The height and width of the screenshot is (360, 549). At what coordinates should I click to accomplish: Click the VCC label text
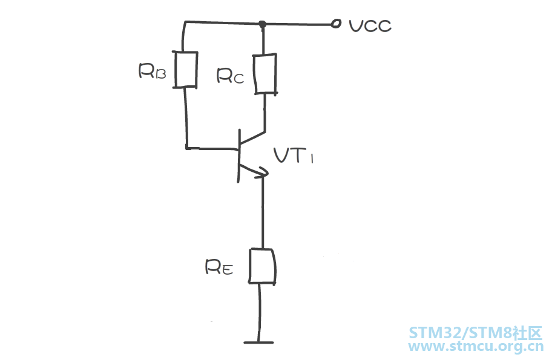click(x=370, y=26)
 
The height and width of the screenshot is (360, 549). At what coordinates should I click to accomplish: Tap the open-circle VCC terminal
click(x=336, y=24)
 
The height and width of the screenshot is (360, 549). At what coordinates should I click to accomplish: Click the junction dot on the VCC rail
click(x=262, y=24)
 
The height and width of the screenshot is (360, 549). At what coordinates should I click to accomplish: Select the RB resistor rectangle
click(x=186, y=70)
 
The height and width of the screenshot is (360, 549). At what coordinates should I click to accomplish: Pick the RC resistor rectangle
click(x=265, y=74)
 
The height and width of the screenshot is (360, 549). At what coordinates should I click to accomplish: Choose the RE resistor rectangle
click(x=262, y=266)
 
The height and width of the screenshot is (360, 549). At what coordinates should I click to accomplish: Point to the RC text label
click(x=230, y=76)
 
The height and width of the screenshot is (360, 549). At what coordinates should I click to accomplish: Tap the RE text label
click(x=219, y=267)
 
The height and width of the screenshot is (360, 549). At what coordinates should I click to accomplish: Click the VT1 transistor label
click(x=294, y=155)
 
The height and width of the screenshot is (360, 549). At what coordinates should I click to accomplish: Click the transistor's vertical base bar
click(x=239, y=155)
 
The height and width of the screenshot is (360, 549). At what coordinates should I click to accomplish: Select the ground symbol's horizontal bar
click(x=258, y=342)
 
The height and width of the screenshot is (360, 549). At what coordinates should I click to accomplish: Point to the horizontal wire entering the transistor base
click(x=212, y=149)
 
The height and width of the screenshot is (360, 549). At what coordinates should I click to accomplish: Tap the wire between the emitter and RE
click(x=263, y=212)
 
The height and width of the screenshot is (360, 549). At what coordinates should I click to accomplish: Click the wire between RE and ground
click(x=260, y=312)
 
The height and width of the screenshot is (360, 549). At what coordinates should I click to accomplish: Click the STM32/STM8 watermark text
click(x=476, y=333)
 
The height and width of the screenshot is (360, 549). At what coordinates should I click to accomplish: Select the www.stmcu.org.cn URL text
click(x=476, y=346)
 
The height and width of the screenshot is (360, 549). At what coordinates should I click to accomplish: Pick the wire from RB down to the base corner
click(x=186, y=118)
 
